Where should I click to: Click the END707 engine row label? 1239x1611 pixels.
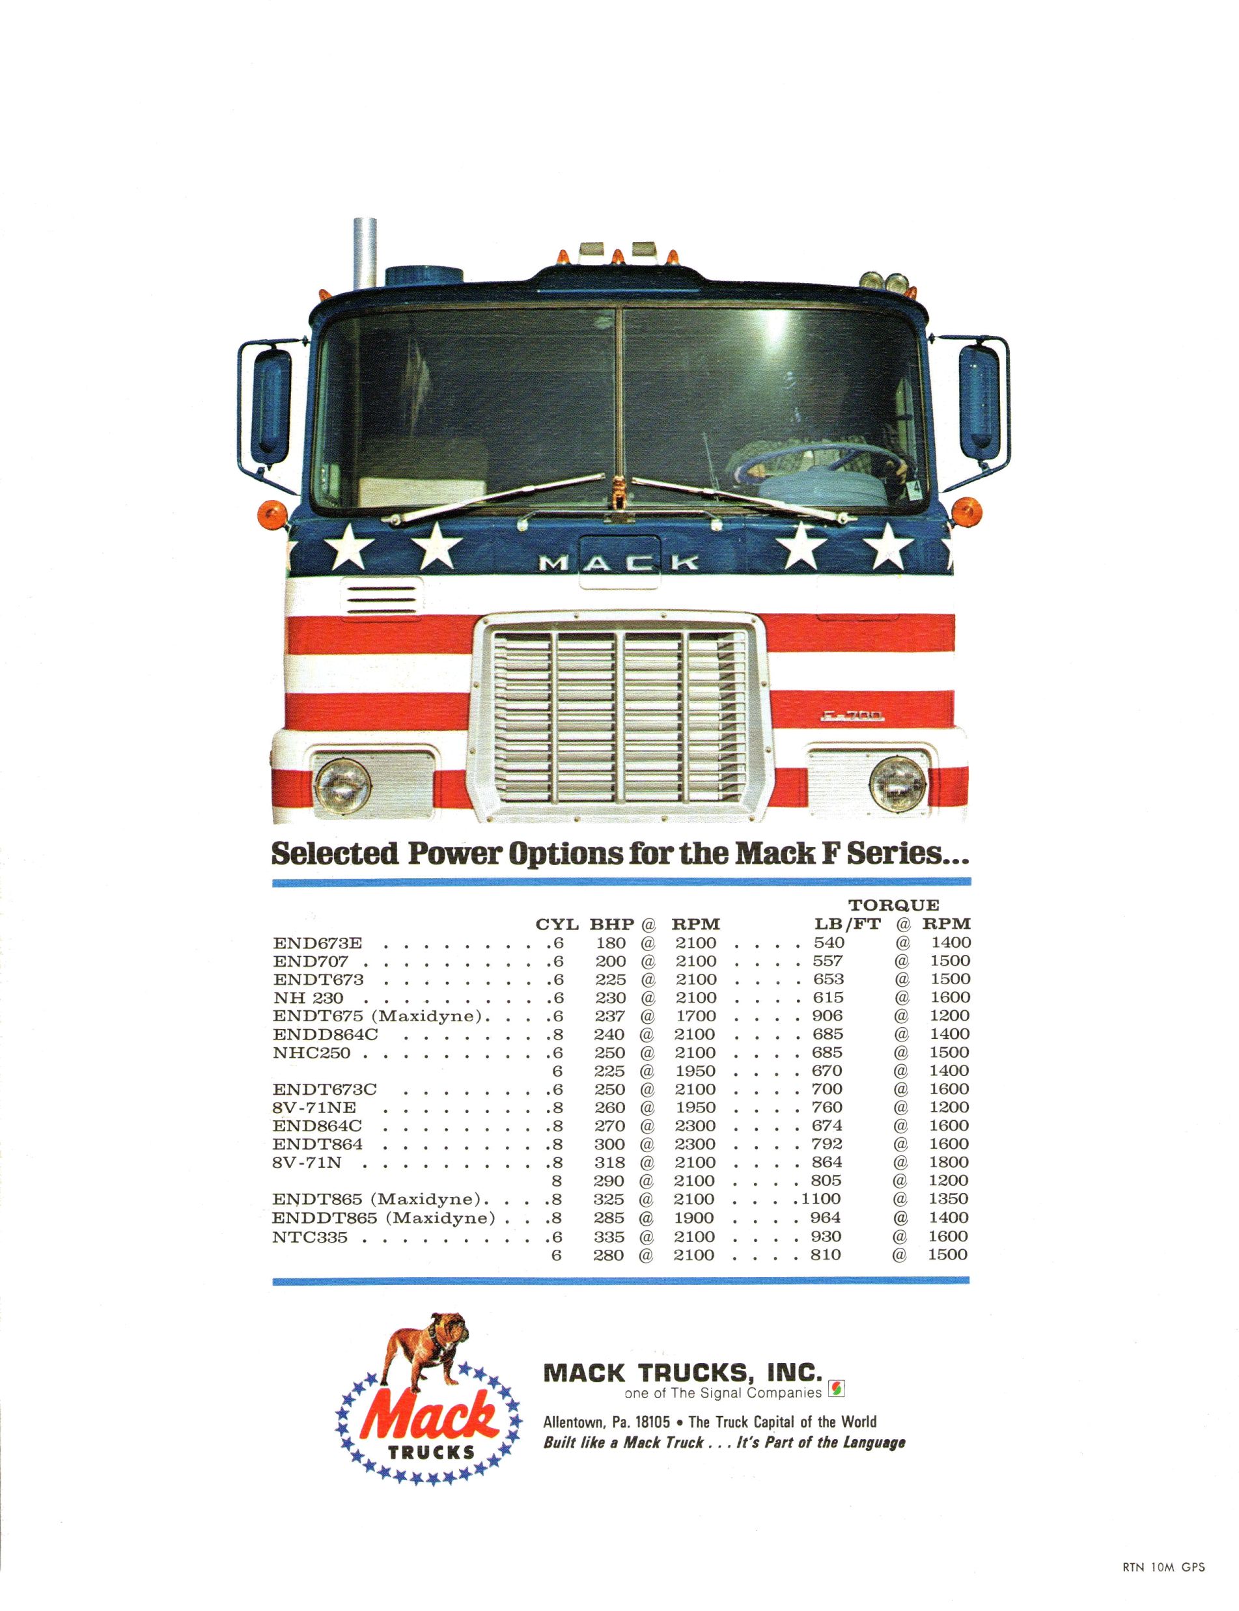[x=311, y=961]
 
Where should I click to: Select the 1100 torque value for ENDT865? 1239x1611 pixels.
[x=820, y=1200]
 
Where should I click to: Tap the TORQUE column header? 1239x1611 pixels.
[x=894, y=905]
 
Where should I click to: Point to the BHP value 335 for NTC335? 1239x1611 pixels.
[x=609, y=1237]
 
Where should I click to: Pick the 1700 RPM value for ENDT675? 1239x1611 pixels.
[x=695, y=1016]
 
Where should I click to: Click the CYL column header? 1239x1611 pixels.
[x=557, y=924]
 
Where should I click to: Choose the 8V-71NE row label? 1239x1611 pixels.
[x=314, y=1107]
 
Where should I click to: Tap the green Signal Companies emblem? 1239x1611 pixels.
[x=837, y=1390]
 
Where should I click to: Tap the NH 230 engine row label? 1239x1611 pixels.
[x=308, y=998]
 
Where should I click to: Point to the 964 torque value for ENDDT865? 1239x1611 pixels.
[x=826, y=1218]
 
